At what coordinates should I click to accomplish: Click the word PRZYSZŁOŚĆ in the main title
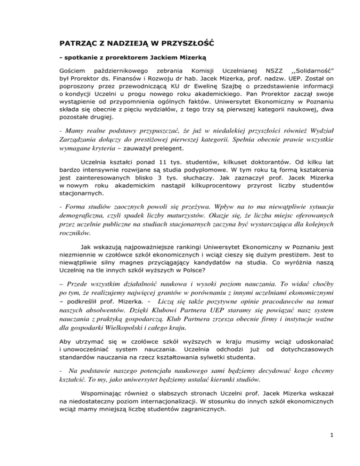pyautogui.click(x=179, y=45)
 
